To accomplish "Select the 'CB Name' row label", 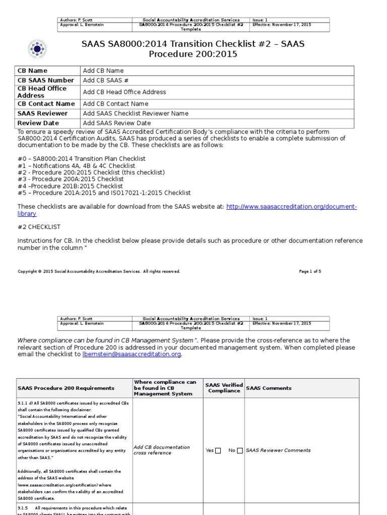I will pos(32,71).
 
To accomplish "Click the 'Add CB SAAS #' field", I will pos(106,80).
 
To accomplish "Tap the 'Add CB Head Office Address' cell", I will pos(124,92).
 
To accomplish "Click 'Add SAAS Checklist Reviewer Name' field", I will pos(136,114).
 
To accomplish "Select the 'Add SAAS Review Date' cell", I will pos(117,123).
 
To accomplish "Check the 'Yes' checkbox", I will pos(218,451).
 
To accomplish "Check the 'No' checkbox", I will pos(240,451).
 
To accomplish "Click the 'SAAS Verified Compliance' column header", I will pos(224,388).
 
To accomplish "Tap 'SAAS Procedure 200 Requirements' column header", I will pos(66,388).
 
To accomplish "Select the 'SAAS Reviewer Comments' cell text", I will pos(278,451).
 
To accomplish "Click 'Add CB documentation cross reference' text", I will pos(162,450).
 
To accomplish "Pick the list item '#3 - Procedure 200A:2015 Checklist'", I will pos(71,179).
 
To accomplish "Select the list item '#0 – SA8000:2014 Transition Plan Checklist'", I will pos(82,158).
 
